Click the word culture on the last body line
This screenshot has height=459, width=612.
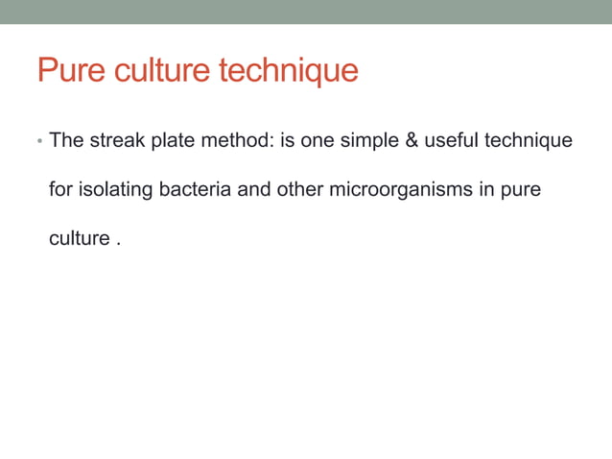click(x=80, y=238)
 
